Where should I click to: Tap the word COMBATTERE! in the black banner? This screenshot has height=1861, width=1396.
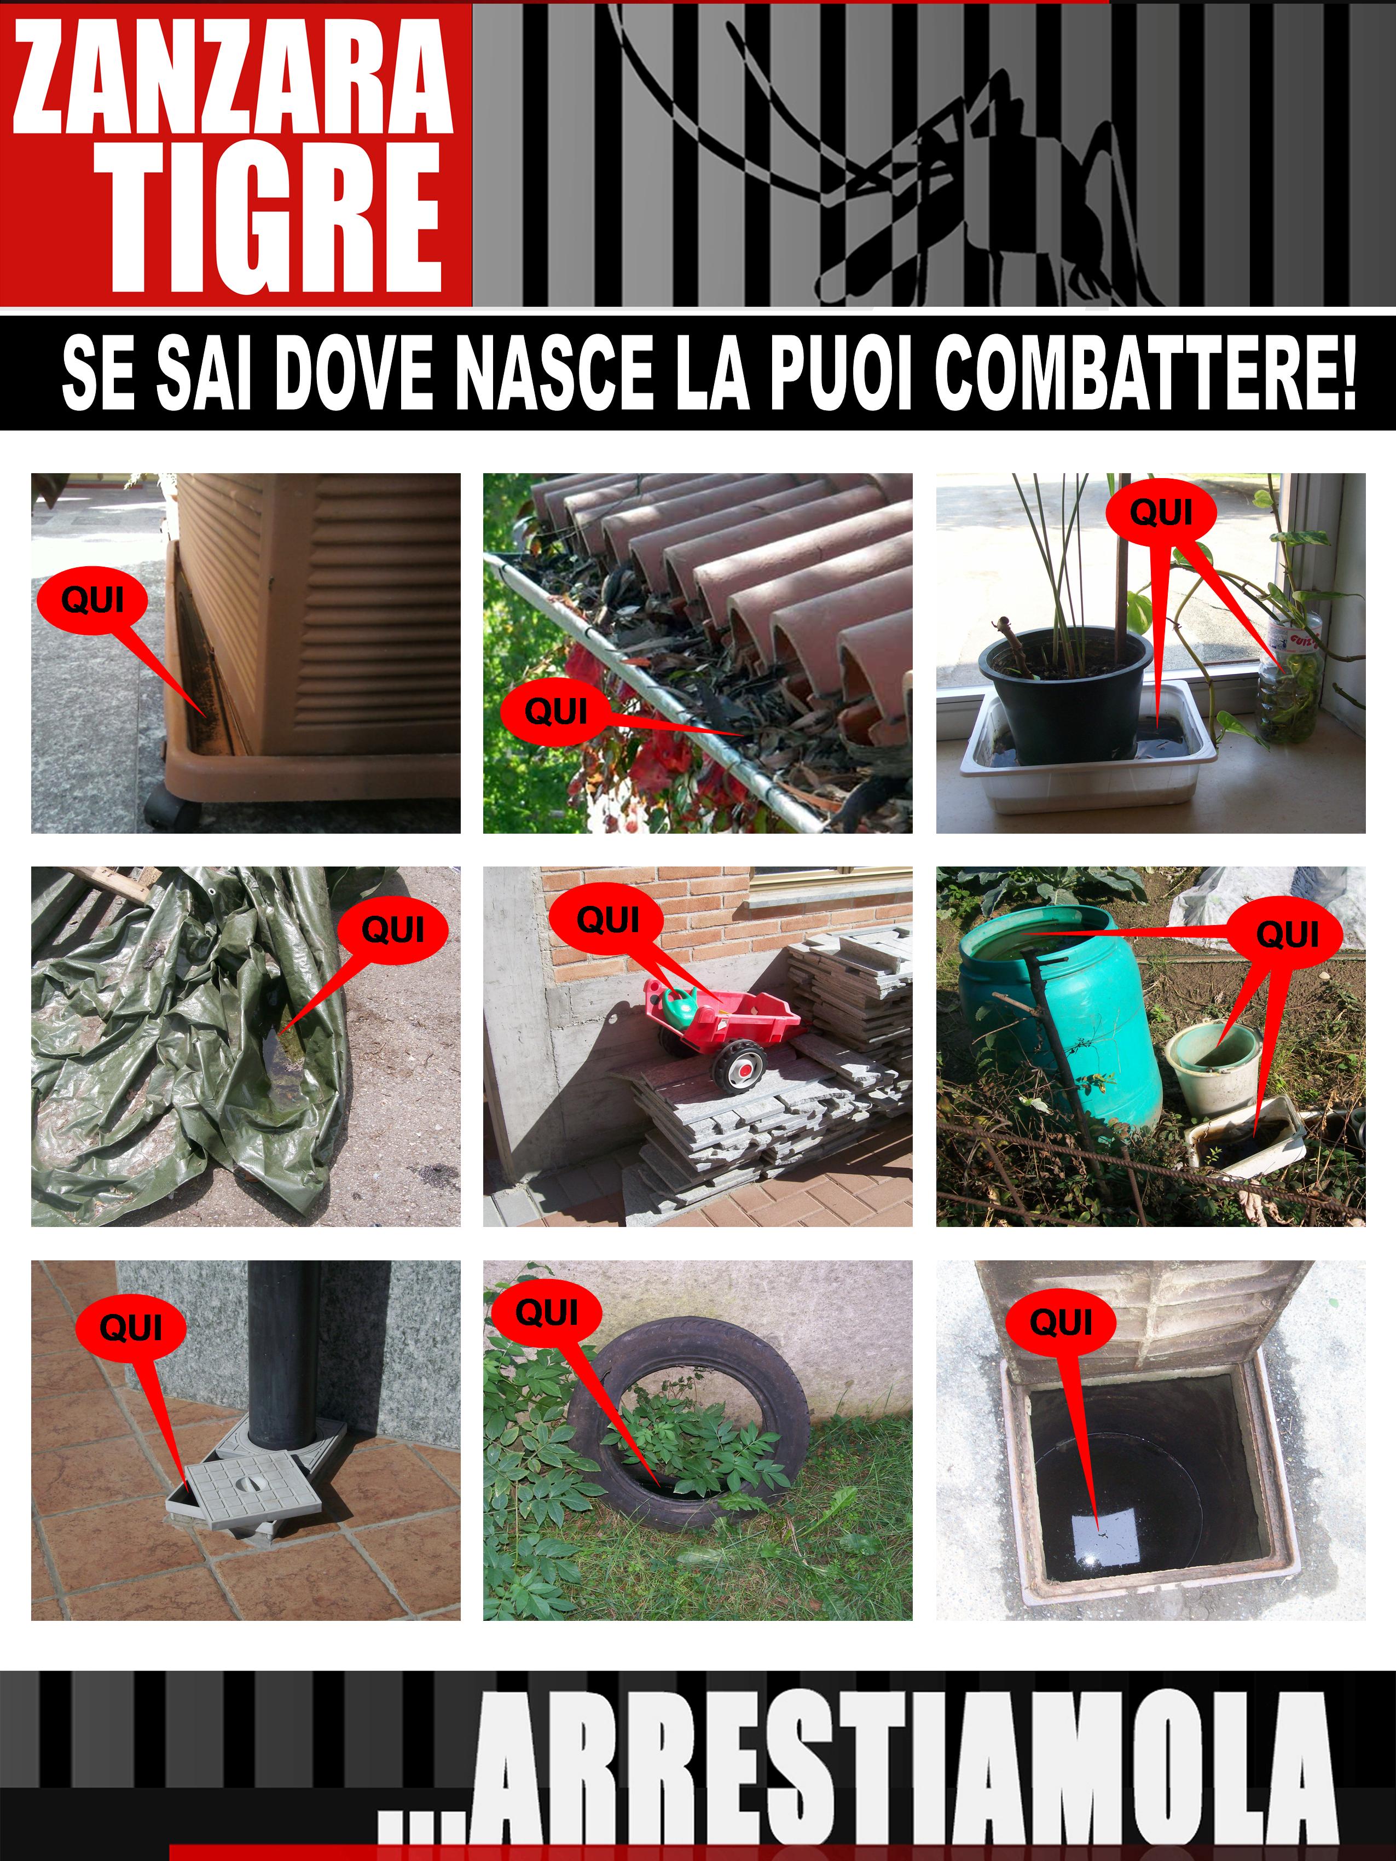1145,372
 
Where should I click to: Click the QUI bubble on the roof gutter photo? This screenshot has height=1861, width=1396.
555,712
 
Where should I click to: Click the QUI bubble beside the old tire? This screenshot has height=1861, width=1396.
546,1312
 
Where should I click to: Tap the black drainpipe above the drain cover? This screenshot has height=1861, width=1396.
285,1354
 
